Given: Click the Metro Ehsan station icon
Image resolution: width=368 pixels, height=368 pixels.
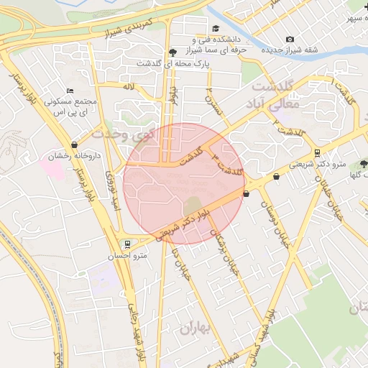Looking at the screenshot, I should pyautogui.click(x=127, y=244).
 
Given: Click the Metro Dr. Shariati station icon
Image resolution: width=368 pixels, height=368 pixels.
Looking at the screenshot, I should pyautogui.click(x=317, y=152).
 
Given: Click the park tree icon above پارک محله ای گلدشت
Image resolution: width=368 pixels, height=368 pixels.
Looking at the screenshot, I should pyautogui.click(x=172, y=52).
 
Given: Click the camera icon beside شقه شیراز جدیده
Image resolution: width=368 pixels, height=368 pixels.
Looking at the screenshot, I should pyautogui.click(x=290, y=39).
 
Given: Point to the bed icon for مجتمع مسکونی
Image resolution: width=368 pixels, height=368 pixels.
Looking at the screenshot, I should pyautogui.click(x=69, y=91).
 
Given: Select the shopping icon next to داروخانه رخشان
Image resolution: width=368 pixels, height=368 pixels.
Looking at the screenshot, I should pyautogui.click(x=75, y=144).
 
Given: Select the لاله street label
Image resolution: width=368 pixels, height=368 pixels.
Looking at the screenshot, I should pyautogui.click(x=129, y=86).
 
